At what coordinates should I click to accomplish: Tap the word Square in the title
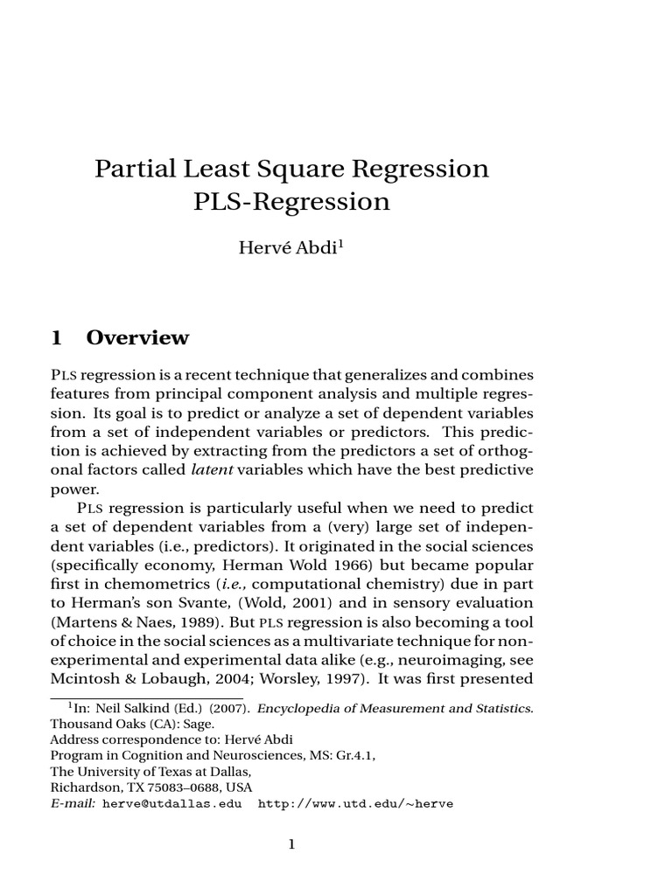pyautogui.click(x=289, y=168)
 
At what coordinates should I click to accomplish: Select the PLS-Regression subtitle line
pyautogui.click(x=291, y=202)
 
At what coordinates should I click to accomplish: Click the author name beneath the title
pyautogui.click(x=288, y=247)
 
